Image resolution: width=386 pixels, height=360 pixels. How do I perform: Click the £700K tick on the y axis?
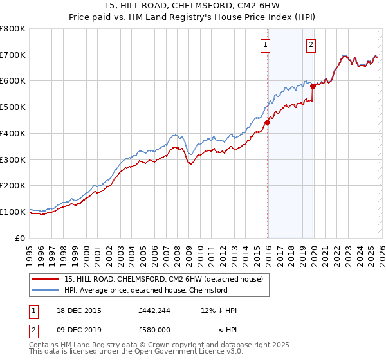(13, 55)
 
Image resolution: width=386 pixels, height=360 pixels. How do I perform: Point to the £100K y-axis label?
(13, 212)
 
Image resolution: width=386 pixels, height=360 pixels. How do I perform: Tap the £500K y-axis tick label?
(13, 107)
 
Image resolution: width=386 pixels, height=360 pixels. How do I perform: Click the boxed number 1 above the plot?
(266, 45)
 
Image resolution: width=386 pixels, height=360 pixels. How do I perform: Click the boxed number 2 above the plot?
(311, 45)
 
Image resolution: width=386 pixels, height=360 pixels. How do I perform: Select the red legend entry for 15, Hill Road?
(163, 279)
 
